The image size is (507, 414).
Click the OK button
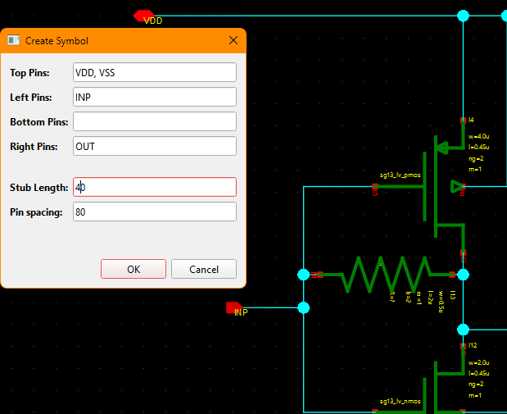[x=134, y=269]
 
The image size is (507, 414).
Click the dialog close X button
[x=233, y=40]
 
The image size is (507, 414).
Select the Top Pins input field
[x=155, y=72]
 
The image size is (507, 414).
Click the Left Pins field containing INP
[x=155, y=97]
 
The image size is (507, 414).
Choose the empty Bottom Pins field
[x=155, y=121]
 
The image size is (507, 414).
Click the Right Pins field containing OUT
[x=155, y=146]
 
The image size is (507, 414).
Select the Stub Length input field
[x=155, y=187]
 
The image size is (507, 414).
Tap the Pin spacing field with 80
[x=155, y=212]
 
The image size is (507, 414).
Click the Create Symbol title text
[x=57, y=41]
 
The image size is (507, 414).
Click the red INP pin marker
[x=233, y=307]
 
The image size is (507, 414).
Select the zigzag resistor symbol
[x=386, y=275]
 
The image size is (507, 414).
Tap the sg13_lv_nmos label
[x=400, y=402]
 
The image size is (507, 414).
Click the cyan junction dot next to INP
[x=304, y=307]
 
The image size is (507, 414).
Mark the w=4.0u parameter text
[x=478, y=136]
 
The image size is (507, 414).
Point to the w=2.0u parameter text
[x=478, y=362]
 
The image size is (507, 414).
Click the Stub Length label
[x=38, y=188]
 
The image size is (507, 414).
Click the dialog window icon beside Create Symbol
[x=14, y=40]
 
